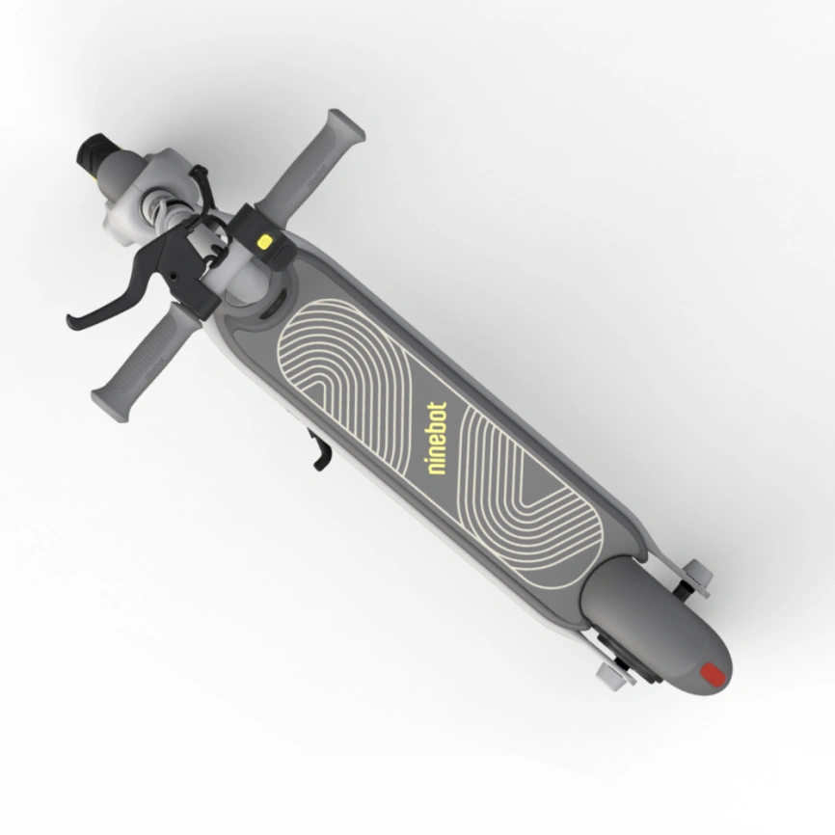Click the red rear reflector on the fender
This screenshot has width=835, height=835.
tap(712, 674)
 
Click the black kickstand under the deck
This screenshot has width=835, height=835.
tap(317, 451)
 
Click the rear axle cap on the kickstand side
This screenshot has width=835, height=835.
tap(609, 672)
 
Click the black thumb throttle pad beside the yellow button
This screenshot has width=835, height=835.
tap(274, 248)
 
